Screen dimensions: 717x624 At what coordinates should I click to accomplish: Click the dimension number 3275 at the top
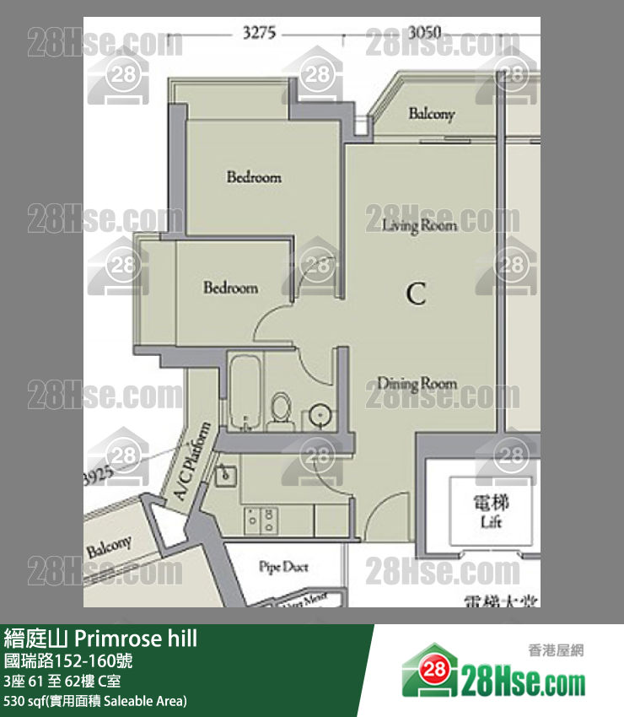point(258,34)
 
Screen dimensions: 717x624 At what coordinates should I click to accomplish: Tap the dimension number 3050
point(424,34)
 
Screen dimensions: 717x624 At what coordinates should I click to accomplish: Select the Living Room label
point(419,225)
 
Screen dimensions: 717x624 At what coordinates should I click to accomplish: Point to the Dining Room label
point(417,384)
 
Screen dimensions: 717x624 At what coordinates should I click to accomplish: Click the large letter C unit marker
point(416,294)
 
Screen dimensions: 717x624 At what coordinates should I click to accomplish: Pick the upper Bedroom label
point(254,177)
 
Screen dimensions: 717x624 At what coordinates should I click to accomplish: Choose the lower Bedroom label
point(230,288)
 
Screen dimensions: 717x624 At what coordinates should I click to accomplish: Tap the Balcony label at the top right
point(432,114)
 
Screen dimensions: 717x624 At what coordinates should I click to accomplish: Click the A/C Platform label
point(192,463)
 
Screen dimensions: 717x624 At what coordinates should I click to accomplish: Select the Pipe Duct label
point(283,567)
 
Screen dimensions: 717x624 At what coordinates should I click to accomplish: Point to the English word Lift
point(491,522)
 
